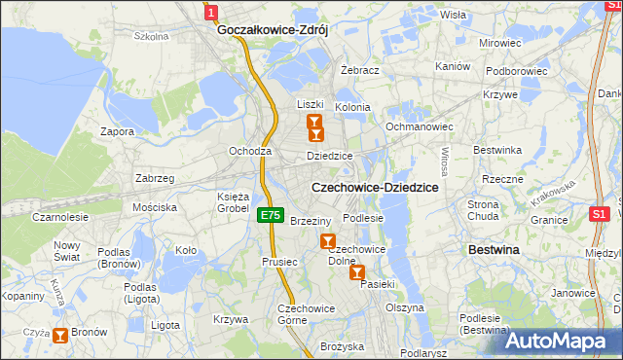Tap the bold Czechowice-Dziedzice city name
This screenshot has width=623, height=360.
tap(375, 187)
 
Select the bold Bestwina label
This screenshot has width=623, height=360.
tap(494, 250)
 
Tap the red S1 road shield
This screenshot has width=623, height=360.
tap(600, 213)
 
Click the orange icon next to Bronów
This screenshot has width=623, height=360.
tap(61, 336)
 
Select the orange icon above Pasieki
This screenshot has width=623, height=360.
tap(358, 273)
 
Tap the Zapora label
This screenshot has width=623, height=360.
tap(118, 130)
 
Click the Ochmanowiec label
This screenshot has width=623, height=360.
tap(421, 126)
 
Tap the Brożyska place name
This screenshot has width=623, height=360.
tap(342, 345)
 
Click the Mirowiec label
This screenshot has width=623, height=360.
tap(500, 44)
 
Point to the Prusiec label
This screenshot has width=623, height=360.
tap(278, 261)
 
